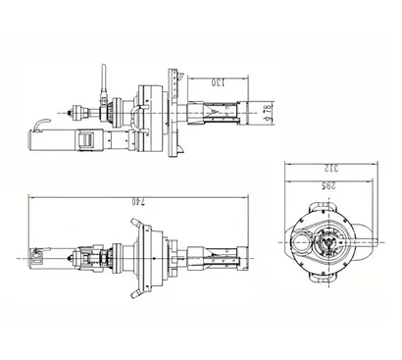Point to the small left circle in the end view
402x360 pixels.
point(294,240)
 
